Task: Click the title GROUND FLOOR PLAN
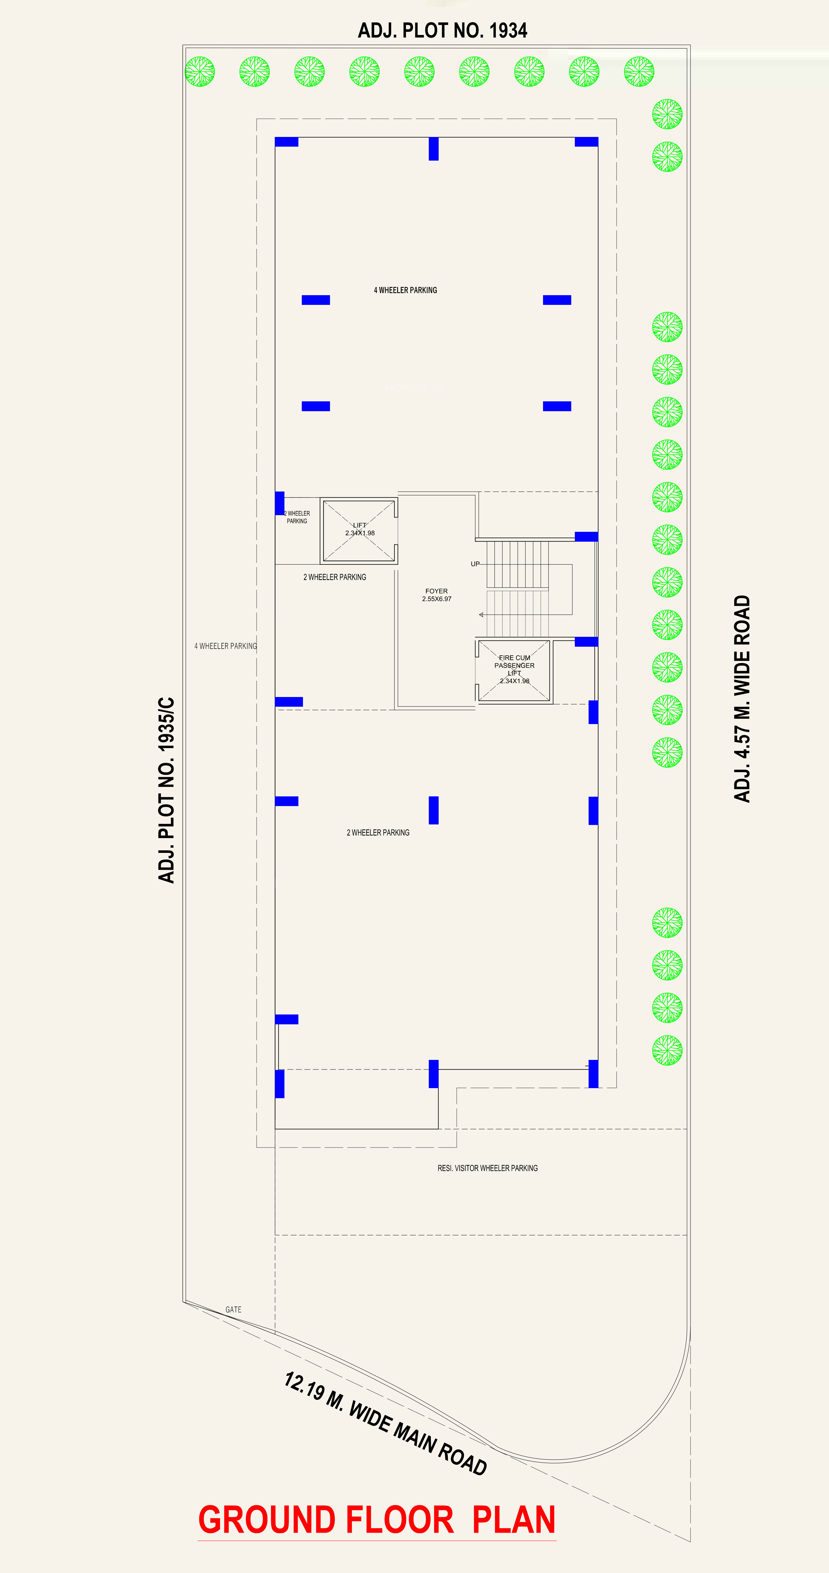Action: (x=377, y=1520)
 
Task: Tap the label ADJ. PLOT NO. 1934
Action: (x=443, y=30)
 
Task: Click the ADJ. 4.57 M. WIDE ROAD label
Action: (x=742, y=699)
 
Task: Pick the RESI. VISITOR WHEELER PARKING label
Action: (x=488, y=1168)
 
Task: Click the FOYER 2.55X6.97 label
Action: (x=436, y=595)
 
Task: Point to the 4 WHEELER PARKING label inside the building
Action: (x=405, y=290)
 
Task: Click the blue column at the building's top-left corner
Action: (x=286, y=142)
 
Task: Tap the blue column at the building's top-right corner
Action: (x=586, y=142)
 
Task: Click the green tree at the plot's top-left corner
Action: (x=200, y=71)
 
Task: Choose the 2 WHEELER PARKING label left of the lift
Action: (x=297, y=517)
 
